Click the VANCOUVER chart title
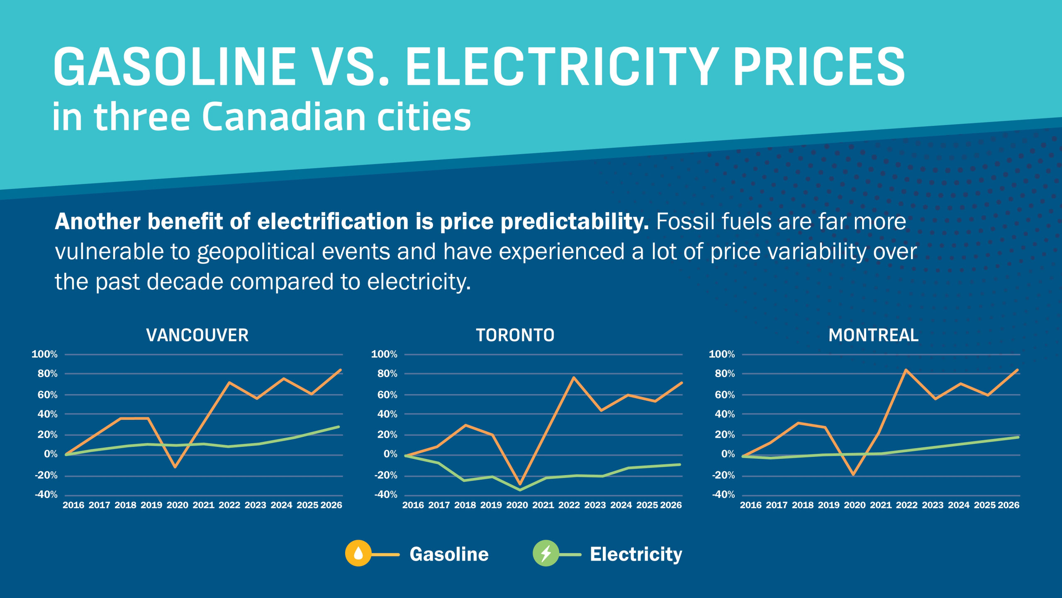pyautogui.click(x=197, y=335)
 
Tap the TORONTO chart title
pyautogui.click(x=515, y=335)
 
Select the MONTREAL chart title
pyautogui.click(x=873, y=335)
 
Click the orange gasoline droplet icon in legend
pyautogui.click(x=358, y=553)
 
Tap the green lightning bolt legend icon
pyautogui.click(x=546, y=553)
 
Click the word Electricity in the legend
pyautogui.click(x=636, y=554)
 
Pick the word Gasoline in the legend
pyautogui.click(x=449, y=554)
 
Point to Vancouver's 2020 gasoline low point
pyautogui.click(x=175, y=467)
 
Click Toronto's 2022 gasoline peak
pyautogui.click(x=573, y=377)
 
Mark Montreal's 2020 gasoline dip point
pyautogui.click(x=853, y=475)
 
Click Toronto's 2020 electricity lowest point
pyautogui.click(x=519, y=490)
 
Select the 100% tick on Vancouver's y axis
pyautogui.click(x=44, y=354)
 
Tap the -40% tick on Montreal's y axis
pyautogui.click(x=723, y=495)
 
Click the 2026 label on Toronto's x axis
pyautogui.click(x=671, y=505)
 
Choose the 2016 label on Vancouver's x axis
pyautogui.click(x=73, y=505)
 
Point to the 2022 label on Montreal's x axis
pyautogui.click(x=906, y=505)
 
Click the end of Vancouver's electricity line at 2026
pyautogui.click(x=339, y=427)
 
